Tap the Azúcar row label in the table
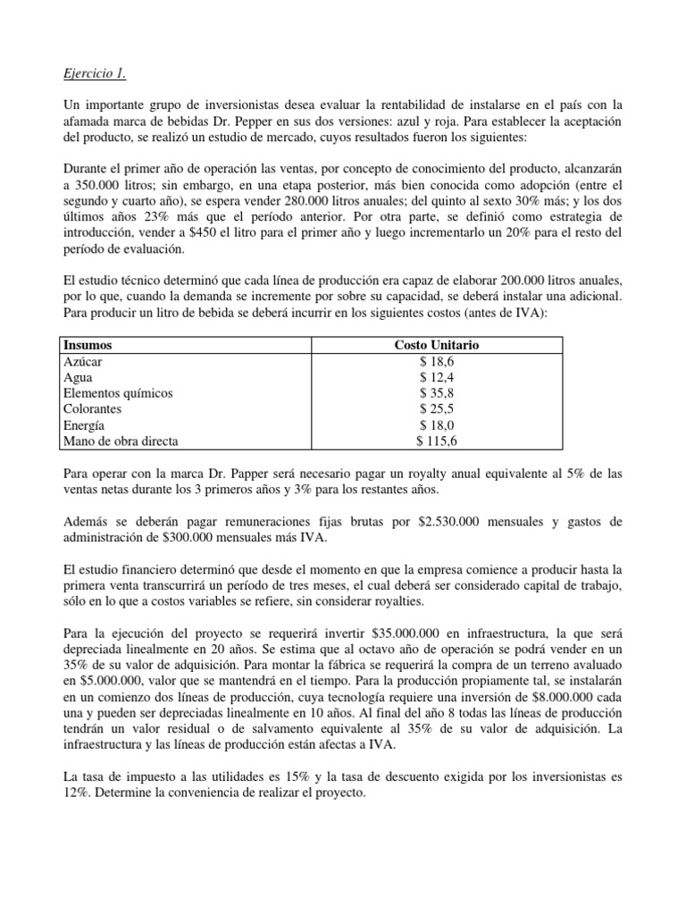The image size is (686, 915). tap(82, 361)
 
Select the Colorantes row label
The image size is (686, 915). tap(94, 409)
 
